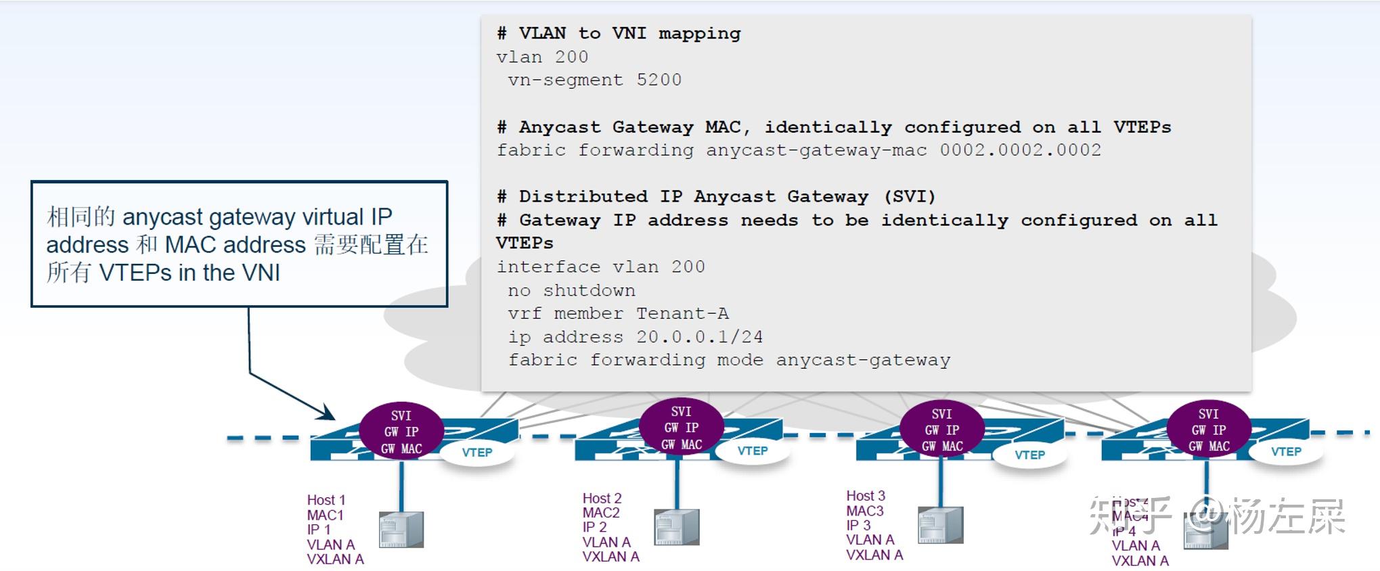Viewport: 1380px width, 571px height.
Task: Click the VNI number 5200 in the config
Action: [x=659, y=80]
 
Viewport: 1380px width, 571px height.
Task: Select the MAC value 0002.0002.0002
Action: [x=1020, y=150]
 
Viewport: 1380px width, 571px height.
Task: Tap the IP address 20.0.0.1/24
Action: [x=699, y=337]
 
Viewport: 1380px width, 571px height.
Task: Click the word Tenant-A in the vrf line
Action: [x=682, y=313]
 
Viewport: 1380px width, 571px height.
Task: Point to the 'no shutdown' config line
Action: [x=571, y=290]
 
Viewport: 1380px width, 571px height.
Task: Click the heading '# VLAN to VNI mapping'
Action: [x=619, y=33]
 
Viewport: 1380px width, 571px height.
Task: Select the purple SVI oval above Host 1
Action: [x=401, y=432]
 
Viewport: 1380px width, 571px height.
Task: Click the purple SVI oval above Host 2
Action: [x=682, y=428]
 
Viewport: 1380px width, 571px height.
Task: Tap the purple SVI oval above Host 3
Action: [x=941, y=430]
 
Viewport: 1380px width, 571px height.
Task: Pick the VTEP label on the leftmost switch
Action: [x=477, y=453]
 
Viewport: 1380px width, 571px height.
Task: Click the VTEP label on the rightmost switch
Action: [x=1286, y=452]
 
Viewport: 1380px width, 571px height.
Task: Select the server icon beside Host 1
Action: [x=401, y=530]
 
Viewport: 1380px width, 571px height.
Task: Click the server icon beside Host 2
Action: [x=676, y=527]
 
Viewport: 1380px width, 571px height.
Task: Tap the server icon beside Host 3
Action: [x=940, y=525]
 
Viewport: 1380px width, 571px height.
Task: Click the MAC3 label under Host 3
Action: [x=864, y=511]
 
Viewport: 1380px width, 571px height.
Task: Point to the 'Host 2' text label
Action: [x=602, y=499]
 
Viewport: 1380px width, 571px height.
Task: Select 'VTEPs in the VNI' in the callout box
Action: [x=189, y=273]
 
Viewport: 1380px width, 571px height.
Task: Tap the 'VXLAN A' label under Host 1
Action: [x=335, y=559]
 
